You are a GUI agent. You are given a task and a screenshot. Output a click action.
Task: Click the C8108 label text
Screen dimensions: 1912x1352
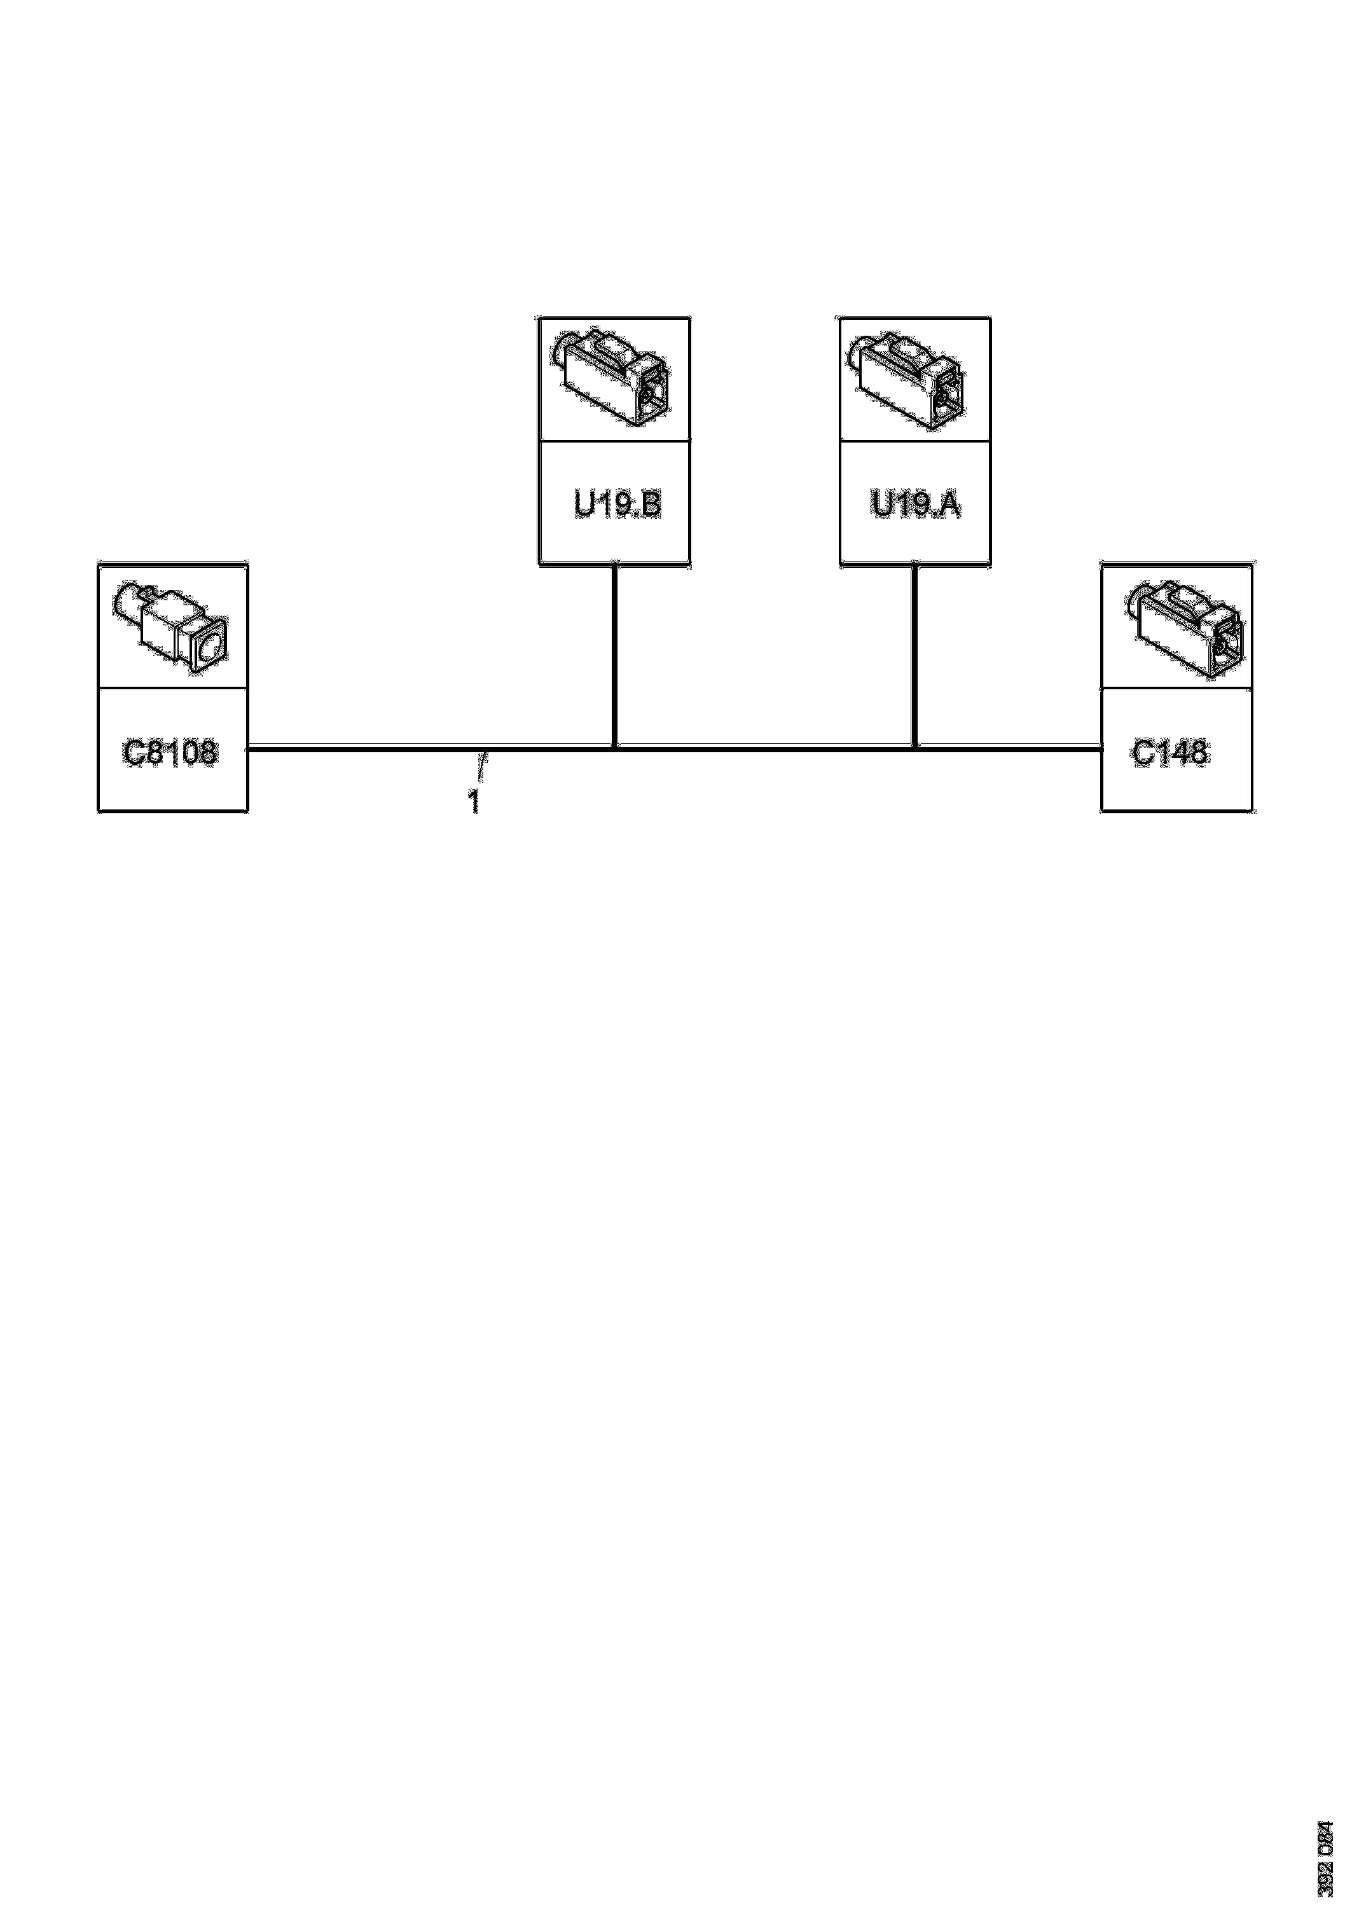171,753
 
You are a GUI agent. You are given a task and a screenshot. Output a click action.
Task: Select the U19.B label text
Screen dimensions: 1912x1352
617,505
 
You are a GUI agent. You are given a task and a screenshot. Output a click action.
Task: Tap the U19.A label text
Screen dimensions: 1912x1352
916,505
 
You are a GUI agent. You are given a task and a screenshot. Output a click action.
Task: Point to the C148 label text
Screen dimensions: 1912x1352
1169,753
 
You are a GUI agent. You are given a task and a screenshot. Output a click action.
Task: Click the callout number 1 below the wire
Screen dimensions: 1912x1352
473,802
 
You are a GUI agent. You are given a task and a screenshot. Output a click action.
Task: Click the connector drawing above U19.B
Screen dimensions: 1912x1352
612,379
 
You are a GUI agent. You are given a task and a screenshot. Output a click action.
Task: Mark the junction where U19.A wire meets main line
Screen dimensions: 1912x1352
914,748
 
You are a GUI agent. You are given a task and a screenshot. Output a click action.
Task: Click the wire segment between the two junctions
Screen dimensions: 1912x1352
765,748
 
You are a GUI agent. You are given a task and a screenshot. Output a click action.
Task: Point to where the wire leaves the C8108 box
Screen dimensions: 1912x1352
251,748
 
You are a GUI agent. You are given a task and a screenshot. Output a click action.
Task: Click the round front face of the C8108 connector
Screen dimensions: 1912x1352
210,645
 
